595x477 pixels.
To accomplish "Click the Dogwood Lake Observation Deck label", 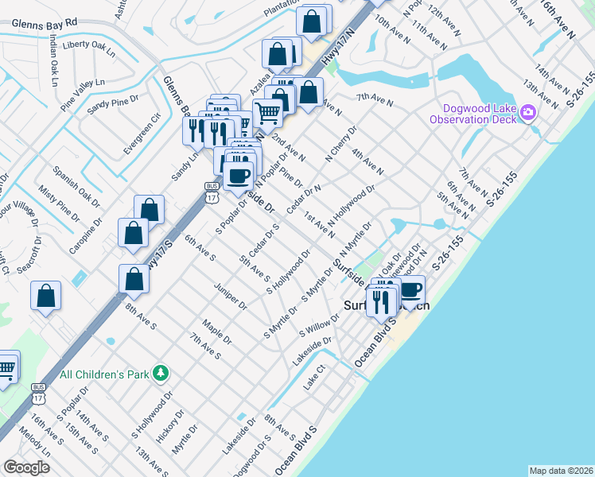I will [x=473, y=114].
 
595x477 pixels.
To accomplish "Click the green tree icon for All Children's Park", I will [x=161, y=372].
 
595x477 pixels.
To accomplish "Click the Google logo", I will [x=26, y=467].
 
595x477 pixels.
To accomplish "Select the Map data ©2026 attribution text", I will [x=560, y=470].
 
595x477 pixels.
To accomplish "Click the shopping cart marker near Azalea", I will [x=267, y=113].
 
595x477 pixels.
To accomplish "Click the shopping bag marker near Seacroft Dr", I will [x=46, y=296].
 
